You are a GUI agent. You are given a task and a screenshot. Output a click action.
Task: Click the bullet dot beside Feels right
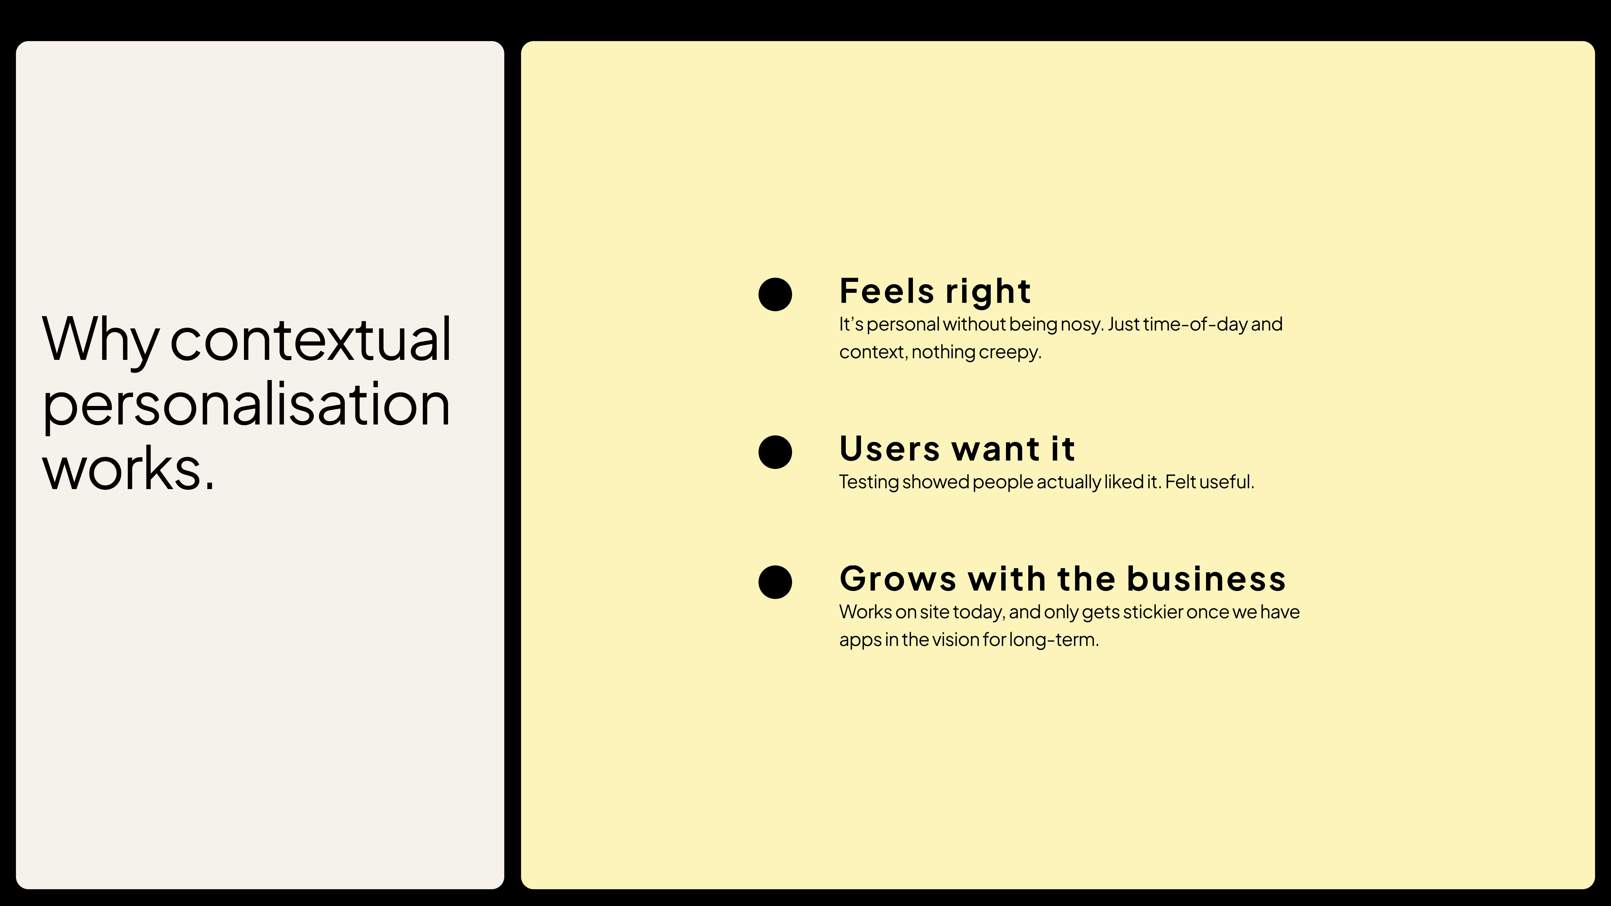tap(775, 294)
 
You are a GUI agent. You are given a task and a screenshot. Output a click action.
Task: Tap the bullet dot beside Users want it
tap(775, 452)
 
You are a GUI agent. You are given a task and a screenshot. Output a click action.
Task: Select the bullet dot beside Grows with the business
tap(775, 582)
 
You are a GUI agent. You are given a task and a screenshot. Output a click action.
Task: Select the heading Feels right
tap(935, 291)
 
